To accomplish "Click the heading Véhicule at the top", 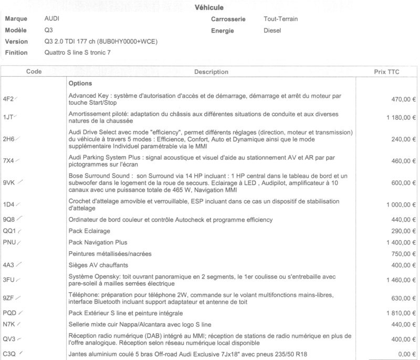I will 209,7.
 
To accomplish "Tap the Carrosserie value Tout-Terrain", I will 281,19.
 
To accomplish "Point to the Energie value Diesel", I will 272,30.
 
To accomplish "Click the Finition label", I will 16,53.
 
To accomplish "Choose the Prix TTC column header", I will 386,71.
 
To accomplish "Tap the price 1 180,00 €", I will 396,118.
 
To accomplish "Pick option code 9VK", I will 9,182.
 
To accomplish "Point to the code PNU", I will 9,242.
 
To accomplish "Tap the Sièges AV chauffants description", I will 98,265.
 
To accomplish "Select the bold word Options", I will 80,84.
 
